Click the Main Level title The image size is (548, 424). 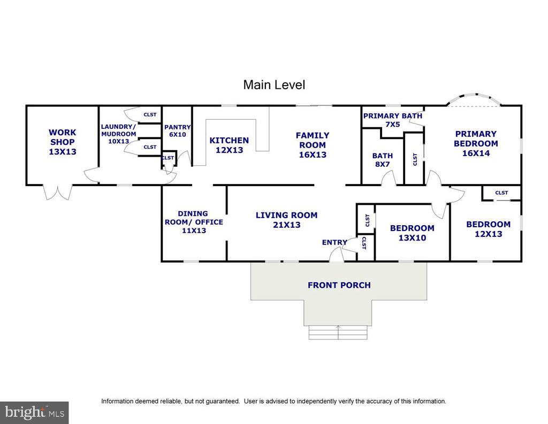click(274, 85)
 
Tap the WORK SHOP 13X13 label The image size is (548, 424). click(63, 142)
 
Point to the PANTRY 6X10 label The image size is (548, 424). click(178, 130)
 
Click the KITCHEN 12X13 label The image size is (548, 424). click(229, 145)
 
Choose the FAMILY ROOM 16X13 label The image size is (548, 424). click(313, 145)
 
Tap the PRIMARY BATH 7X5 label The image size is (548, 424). click(392, 120)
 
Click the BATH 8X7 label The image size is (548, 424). click(382, 160)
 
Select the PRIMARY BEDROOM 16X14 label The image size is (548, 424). click(476, 143)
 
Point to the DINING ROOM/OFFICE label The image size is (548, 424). click(194, 222)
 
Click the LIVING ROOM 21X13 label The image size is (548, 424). click(287, 220)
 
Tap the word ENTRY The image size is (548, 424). click(334, 242)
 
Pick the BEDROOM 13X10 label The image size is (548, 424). click(412, 233)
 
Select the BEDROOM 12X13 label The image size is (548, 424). click(488, 229)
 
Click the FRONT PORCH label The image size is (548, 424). click(339, 285)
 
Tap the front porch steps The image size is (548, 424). click(338, 332)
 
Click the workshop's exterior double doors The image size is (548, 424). click(58, 192)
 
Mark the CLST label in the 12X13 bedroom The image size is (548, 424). click(501, 193)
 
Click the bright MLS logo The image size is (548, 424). click(34, 413)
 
